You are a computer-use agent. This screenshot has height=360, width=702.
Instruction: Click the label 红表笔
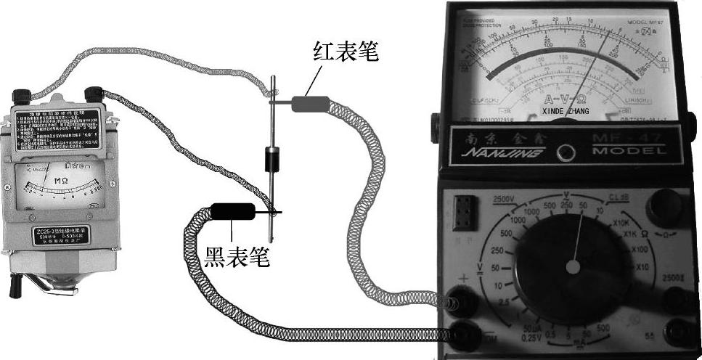[346, 52]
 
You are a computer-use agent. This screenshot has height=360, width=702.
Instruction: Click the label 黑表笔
[233, 258]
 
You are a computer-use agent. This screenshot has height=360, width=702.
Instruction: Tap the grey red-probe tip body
[309, 104]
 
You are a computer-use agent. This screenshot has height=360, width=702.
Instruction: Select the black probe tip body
[232, 212]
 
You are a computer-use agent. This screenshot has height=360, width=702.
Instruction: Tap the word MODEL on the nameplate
[629, 152]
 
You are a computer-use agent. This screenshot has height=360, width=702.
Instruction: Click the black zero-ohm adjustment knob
[666, 208]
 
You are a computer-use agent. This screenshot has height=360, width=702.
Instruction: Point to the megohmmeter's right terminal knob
[93, 94]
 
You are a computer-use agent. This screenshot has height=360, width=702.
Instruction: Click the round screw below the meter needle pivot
[565, 152]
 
